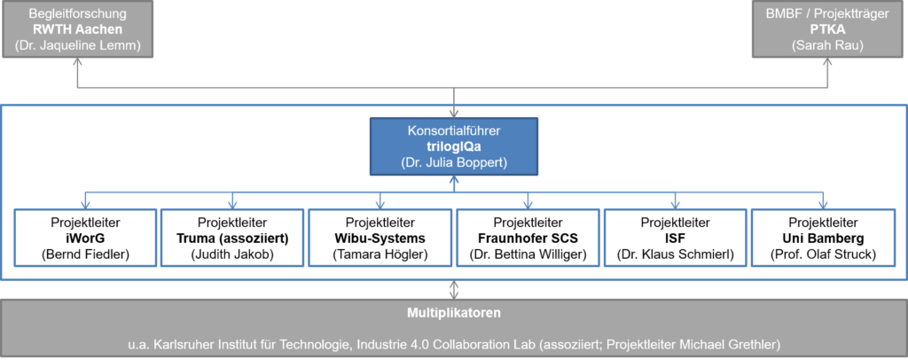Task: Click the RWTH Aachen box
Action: click(78, 30)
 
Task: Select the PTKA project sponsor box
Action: click(829, 30)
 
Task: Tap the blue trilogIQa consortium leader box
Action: click(454, 146)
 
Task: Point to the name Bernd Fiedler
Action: click(84, 255)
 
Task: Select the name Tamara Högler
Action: click(380, 255)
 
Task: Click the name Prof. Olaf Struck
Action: click(824, 255)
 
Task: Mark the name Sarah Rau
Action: click(829, 46)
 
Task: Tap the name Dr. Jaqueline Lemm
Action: click(78, 46)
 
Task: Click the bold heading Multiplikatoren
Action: click(454, 313)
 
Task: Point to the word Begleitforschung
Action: click(78, 14)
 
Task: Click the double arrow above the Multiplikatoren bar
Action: click(454, 290)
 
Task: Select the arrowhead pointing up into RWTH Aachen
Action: click(78, 65)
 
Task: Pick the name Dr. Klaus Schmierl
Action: click(676, 255)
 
